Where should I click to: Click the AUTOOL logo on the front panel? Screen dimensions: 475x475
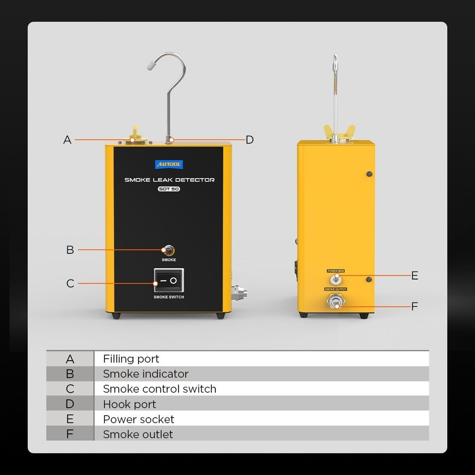pos(169,165)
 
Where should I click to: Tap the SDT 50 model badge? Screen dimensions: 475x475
pos(169,189)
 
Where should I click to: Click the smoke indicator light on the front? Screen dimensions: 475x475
pos(169,250)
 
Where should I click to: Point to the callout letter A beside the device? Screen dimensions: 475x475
pos(68,140)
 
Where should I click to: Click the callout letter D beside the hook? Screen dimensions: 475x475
pos(249,140)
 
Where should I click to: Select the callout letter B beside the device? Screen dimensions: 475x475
pos(70,250)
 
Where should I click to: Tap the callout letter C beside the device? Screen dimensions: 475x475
pos(70,284)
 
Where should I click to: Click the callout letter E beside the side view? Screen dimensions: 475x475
pos(415,276)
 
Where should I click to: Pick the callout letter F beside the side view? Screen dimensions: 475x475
pos(415,307)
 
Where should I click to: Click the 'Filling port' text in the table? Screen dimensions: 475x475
pos(131,359)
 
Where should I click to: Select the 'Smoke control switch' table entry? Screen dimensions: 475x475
pos(159,389)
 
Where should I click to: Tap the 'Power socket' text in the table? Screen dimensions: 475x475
pos(139,419)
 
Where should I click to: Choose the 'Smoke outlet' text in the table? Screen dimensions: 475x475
pos(138,434)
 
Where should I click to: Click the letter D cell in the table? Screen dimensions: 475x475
pos(70,404)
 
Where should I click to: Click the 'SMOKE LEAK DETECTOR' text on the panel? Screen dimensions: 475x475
pos(169,180)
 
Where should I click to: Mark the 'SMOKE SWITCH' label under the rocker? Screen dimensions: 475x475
pos(169,297)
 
